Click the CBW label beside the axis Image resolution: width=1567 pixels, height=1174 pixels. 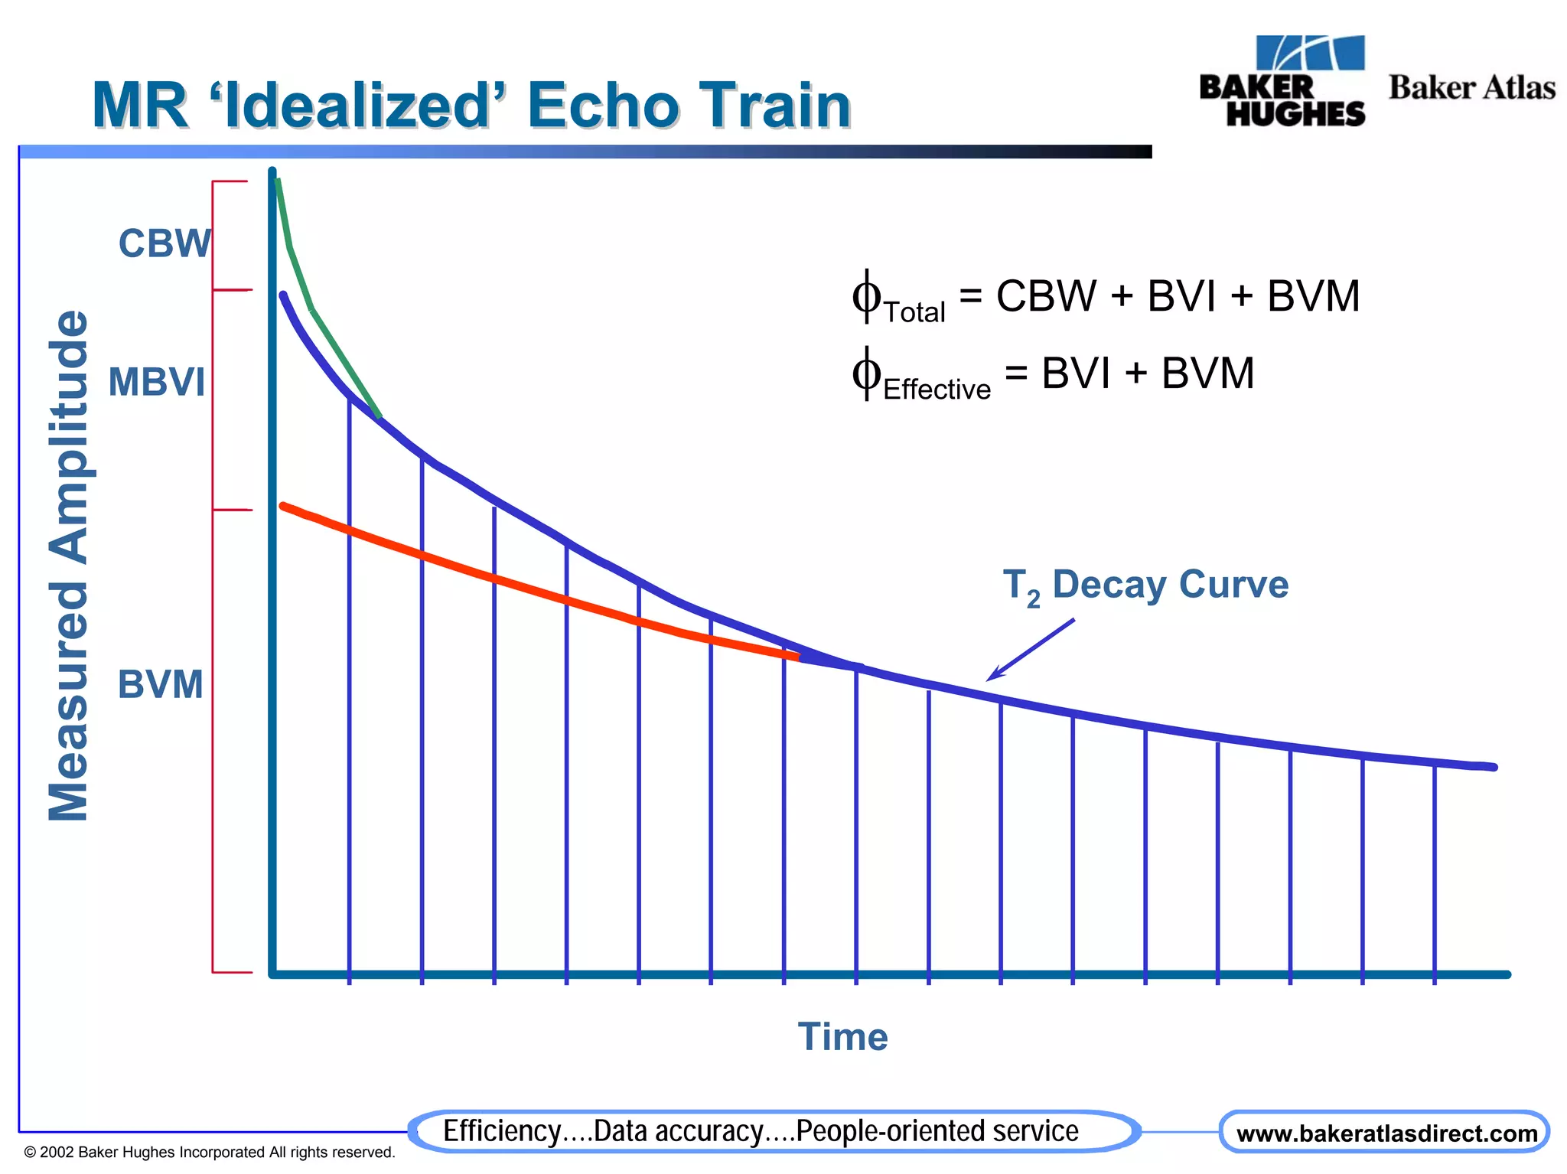164,243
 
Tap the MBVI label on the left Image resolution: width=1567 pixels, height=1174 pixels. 157,381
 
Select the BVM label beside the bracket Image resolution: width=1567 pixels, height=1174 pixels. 160,683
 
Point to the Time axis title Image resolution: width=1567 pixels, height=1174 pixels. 842,1037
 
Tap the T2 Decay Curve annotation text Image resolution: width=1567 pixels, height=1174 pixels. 1145,585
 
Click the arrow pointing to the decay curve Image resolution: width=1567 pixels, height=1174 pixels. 1030,651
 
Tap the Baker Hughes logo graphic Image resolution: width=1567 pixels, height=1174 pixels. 1283,81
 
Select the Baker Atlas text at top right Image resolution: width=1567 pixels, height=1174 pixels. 1471,87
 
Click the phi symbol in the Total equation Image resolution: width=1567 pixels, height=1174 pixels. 866,295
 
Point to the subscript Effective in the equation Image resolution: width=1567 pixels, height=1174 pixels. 937,390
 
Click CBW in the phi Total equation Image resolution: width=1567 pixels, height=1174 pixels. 1045,295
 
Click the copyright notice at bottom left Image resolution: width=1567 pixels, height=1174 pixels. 209,1152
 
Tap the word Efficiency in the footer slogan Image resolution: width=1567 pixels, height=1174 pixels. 502,1131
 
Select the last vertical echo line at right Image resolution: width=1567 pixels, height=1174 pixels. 1434,872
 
